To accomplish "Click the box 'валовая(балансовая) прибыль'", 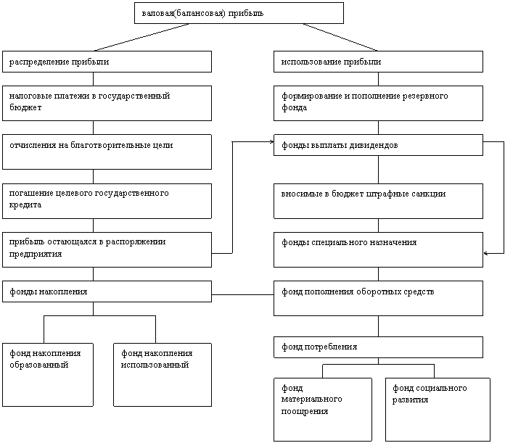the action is coord(239,13).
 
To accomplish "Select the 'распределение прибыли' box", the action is coord(107,62).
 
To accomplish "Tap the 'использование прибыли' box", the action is coord(379,62).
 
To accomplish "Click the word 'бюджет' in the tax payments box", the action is coord(25,107).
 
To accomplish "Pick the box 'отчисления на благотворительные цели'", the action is coord(107,152).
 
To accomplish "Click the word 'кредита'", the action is coord(25,205).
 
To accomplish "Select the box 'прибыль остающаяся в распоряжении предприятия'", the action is coord(107,249).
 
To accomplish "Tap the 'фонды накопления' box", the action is coord(107,291).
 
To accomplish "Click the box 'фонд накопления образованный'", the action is coord(48,375).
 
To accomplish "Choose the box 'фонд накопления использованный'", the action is coord(163,375).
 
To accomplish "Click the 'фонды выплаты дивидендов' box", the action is coord(379,145).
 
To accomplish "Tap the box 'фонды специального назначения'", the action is coord(379,249).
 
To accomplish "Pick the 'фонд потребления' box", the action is coord(379,347).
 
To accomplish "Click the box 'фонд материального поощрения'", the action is coord(323,410).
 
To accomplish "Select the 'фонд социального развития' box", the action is coord(438,410).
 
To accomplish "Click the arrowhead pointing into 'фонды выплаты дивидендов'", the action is coord(272,141).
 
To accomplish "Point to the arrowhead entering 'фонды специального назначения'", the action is coord(485,254).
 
